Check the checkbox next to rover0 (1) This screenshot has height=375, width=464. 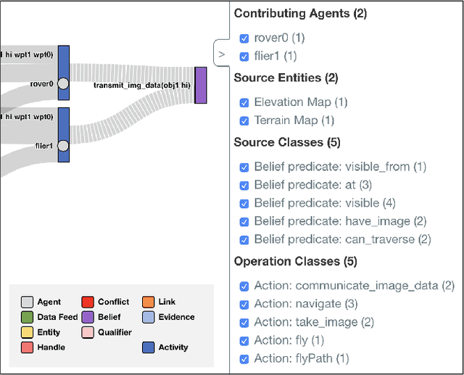(244, 38)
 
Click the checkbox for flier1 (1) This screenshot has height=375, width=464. (244, 56)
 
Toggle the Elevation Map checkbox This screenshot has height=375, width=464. (244, 102)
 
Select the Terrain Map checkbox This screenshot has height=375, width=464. (244, 120)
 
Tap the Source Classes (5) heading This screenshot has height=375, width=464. (287, 142)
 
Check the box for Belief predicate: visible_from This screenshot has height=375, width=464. (244, 167)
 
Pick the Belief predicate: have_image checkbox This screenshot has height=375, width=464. (244, 221)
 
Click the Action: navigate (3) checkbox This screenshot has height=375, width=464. (244, 304)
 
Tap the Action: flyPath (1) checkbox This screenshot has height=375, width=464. (244, 358)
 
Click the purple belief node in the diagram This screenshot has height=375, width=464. (201, 85)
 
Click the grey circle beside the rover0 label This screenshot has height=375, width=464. (63, 83)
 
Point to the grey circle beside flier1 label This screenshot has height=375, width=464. (63, 146)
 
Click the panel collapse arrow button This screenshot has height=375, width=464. (222, 54)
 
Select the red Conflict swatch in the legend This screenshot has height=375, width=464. (88, 302)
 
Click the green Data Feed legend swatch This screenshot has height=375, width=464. (27, 317)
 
